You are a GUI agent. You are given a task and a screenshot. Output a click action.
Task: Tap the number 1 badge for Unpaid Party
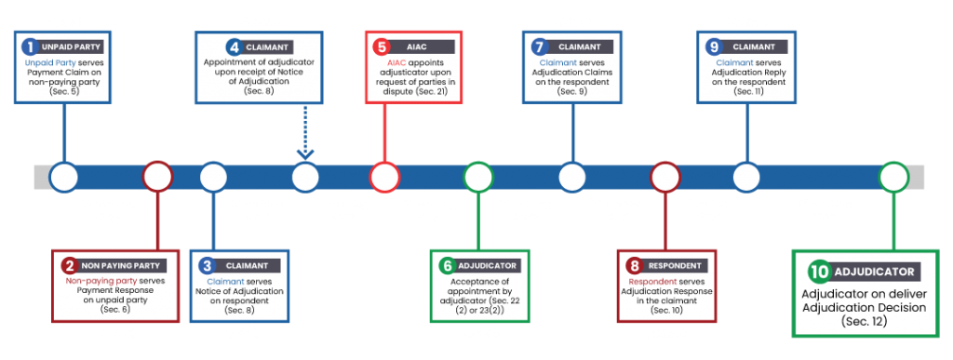click(31, 46)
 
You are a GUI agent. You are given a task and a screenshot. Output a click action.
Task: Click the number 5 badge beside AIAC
click(380, 46)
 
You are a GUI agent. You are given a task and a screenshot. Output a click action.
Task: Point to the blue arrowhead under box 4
click(305, 153)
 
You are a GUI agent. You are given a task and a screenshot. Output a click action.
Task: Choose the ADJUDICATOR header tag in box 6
click(489, 266)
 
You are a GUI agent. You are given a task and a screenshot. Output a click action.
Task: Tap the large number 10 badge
click(819, 272)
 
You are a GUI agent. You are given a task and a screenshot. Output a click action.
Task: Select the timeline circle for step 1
click(63, 176)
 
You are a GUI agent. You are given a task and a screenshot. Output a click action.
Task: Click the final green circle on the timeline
click(893, 176)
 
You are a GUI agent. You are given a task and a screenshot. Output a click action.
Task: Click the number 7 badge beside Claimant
click(537, 46)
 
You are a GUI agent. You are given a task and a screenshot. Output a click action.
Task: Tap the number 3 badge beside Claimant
click(207, 266)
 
